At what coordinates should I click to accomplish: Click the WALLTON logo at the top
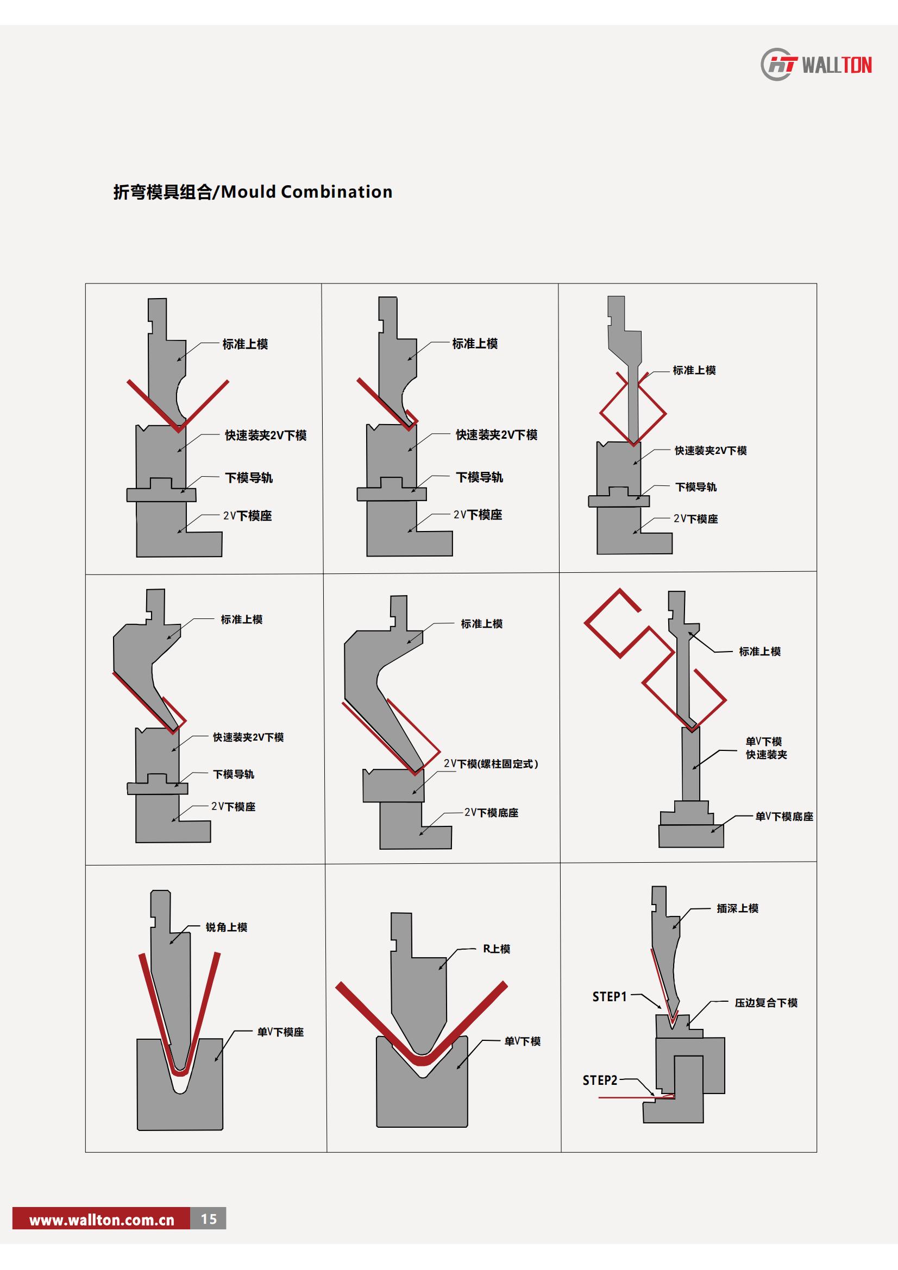[x=816, y=65]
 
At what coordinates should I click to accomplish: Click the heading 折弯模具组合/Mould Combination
[x=253, y=192]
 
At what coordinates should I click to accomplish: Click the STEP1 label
[x=609, y=996]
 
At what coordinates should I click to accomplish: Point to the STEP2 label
[x=600, y=1080]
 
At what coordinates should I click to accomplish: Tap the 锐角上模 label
[x=227, y=927]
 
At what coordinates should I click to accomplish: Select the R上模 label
[x=497, y=949]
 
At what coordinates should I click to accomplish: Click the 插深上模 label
[x=738, y=908]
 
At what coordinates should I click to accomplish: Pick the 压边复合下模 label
[x=767, y=1003]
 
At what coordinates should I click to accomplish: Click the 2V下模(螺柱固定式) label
[x=491, y=764]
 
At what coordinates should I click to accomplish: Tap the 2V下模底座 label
[x=491, y=813]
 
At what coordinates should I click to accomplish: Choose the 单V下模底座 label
[x=784, y=817]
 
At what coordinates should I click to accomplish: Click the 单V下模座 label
[x=280, y=1032]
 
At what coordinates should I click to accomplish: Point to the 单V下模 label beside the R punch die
[x=522, y=1041]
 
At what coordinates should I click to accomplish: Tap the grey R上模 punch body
[x=418, y=990]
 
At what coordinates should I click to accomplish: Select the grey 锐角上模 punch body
[x=172, y=974]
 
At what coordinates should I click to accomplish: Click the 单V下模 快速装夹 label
[x=766, y=748]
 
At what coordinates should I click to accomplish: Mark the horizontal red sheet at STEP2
[x=636, y=1096]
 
